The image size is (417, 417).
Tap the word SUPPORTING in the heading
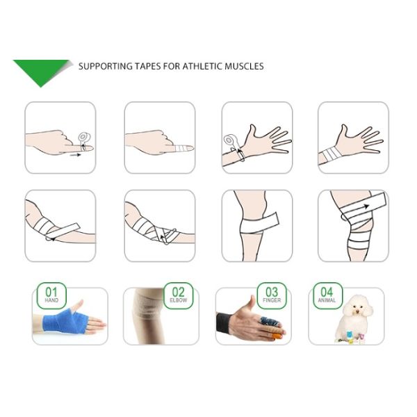(x=105, y=67)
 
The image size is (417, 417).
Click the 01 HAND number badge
(x=51, y=295)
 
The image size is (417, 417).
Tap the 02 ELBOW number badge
(x=178, y=295)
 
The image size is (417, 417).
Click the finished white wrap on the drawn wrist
(x=333, y=152)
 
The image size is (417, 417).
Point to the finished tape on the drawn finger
(x=183, y=147)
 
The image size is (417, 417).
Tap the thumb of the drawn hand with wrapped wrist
(x=345, y=131)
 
